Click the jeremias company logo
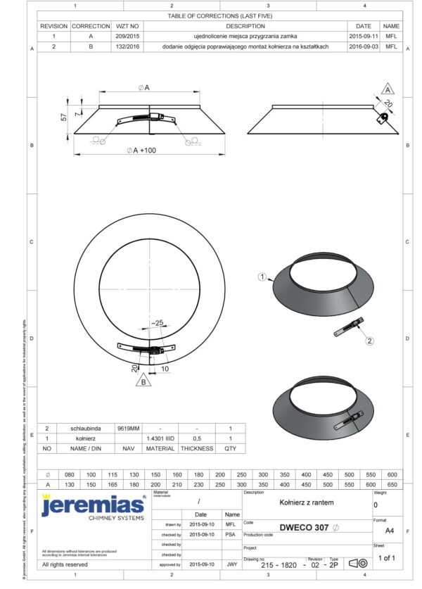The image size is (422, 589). tap(94, 505)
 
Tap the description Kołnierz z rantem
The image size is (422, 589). tap(306, 502)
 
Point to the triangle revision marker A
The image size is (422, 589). tap(388, 90)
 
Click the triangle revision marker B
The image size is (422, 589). tap(144, 381)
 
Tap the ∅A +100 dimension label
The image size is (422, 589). tap(141, 151)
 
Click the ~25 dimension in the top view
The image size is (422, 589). tap(157, 323)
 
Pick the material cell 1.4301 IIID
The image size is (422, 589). tap(160, 438)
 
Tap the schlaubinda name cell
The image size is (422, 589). tap(87, 428)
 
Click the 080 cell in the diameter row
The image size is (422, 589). tap(69, 474)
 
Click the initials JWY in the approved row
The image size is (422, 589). tap(231, 564)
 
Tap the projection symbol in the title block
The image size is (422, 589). tap(358, 563)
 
